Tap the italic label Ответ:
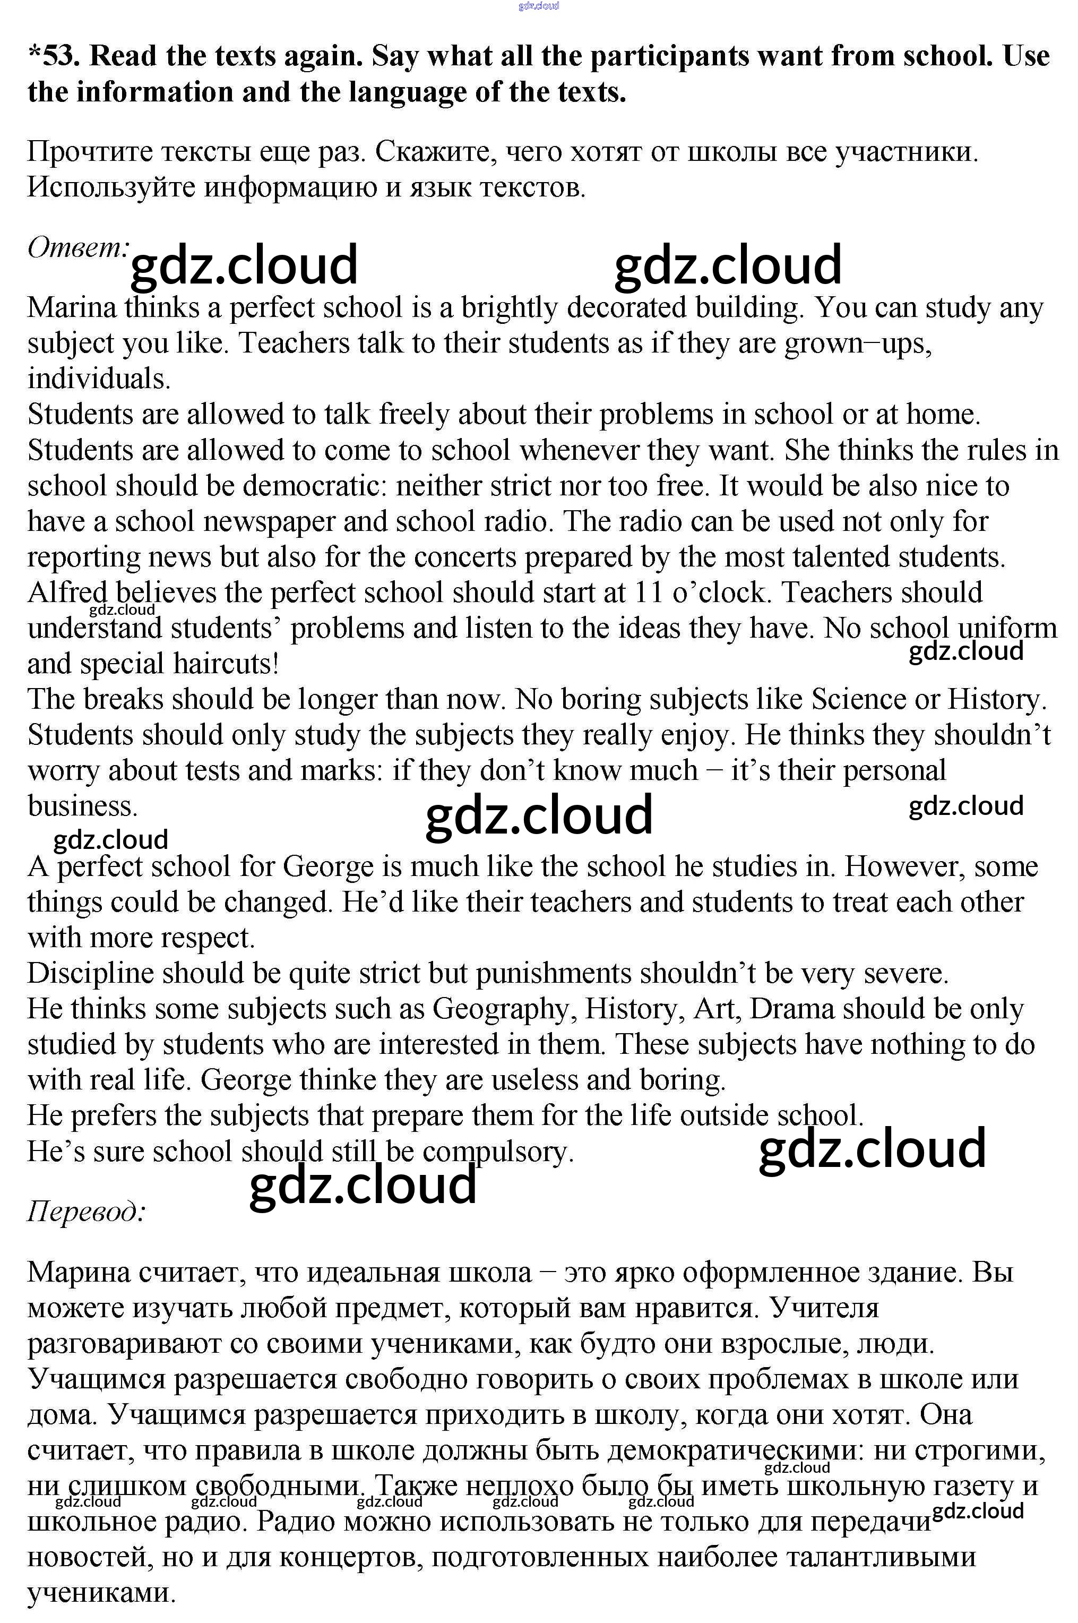pyautogui.click(x=77, y=247)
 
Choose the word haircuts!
pyautogui.click(x=226, y=664)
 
